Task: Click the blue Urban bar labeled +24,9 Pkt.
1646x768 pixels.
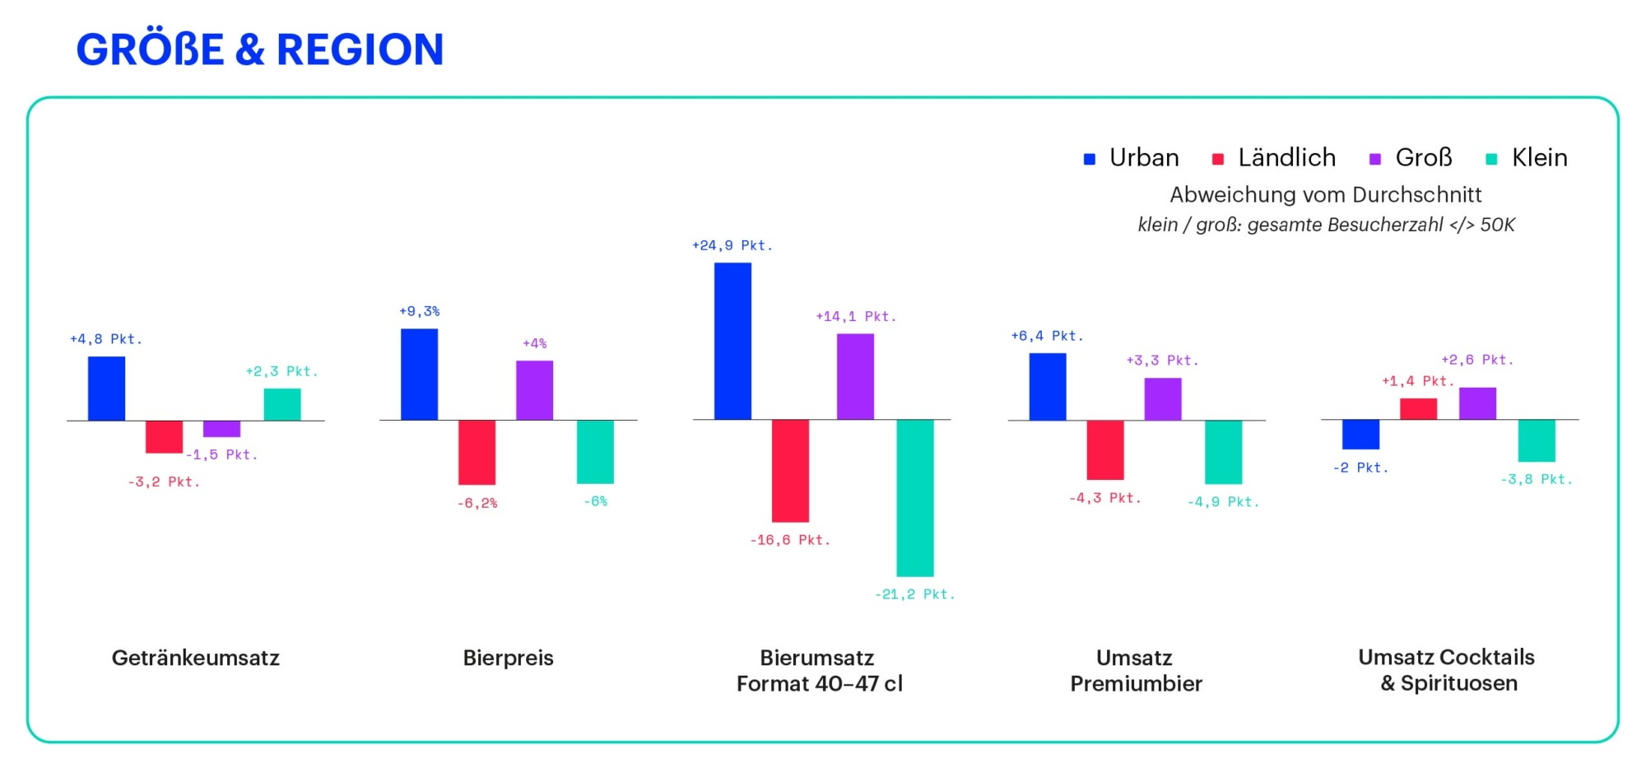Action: coord(732,341)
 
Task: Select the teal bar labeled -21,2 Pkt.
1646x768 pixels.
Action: coord(915,498)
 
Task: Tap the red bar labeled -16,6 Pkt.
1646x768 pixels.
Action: coord(790,471)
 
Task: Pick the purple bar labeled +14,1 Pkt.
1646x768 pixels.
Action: coord(855,376)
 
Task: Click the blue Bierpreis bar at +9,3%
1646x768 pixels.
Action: coord(419,375)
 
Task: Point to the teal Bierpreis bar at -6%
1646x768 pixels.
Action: coord(595,452)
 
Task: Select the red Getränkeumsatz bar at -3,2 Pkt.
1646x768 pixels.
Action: coord(164,436)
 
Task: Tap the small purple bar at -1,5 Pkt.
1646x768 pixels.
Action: coord(221,429)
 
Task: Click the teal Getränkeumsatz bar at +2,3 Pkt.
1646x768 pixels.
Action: coord(282,404)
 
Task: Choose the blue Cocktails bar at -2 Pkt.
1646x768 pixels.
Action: coord(1360,435)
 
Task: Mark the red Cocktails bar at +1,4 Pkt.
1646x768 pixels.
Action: coord(1419,409)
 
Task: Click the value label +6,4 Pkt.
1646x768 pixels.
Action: coord(1047,336)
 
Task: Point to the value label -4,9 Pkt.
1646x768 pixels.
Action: coord(1223,502)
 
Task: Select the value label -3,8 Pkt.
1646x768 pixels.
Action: coord(1536,479)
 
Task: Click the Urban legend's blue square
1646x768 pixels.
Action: coord(1090,159)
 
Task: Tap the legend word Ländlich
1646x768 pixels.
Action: coord(1287,157)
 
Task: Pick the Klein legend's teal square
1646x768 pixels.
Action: coord(1491,159)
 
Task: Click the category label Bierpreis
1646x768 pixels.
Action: coord(508,658)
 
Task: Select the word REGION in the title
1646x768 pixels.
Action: coord(360,49)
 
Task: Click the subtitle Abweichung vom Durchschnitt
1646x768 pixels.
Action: coord(1326,194)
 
